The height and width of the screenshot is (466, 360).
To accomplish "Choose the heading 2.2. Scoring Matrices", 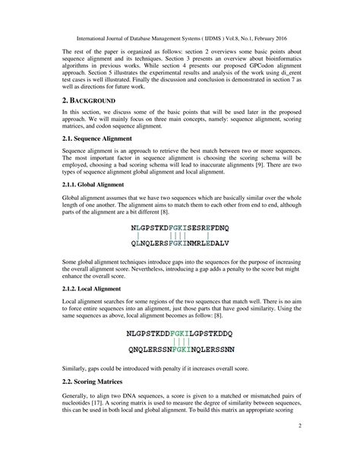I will (x=81, y=400).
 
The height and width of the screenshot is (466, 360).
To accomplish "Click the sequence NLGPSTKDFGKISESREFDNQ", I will (x=179, y=228).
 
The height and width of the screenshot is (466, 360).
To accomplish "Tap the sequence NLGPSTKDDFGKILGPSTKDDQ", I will (x=179, y=333).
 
